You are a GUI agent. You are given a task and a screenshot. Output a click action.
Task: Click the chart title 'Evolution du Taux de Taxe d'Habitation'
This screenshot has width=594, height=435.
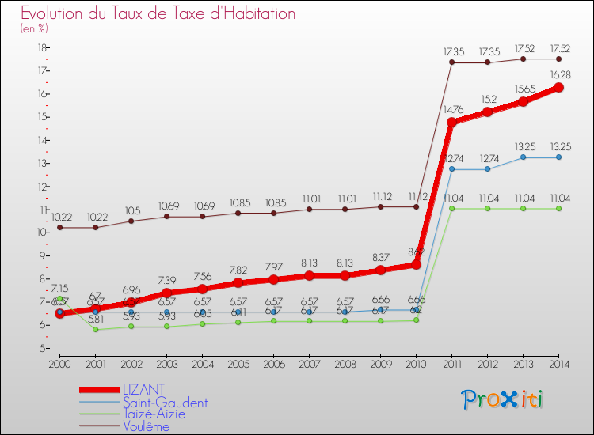point(158,13)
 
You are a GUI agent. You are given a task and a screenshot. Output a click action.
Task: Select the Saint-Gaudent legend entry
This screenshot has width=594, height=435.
point(164,403)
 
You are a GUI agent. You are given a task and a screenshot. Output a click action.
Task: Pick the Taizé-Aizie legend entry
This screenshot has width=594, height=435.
point(154,414)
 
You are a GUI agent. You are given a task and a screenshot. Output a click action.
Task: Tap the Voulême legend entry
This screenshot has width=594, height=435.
point(146,426)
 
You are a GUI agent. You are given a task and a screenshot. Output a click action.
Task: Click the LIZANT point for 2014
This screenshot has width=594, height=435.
point(558,88)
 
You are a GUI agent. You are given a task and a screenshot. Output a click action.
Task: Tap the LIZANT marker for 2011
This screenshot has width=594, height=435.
point(451,123)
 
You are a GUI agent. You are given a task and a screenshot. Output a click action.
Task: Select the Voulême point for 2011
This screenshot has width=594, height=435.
point(451,62)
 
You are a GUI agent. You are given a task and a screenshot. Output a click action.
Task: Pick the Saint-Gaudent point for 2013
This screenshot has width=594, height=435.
point(523,157)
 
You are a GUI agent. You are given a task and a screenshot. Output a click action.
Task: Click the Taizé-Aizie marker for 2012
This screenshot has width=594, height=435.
point(487,209)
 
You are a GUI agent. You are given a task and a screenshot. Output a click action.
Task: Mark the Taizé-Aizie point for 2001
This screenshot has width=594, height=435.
point(96,329)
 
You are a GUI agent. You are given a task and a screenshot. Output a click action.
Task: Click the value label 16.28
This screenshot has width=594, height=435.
point(560,74)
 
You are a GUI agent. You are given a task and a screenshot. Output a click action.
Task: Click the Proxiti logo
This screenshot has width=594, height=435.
point(502,399)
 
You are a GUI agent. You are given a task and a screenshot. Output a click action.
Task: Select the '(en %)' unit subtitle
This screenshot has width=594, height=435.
point(35,28)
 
